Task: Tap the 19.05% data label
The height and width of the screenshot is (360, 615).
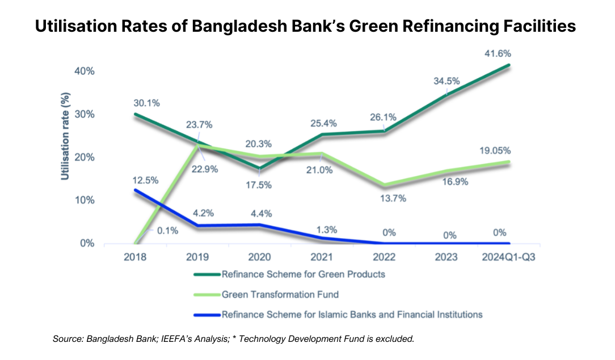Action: click(x=494, y=151)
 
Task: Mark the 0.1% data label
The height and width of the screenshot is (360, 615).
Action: click(x=167, y=230)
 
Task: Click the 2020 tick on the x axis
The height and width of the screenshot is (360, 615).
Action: click(x=260, y=257)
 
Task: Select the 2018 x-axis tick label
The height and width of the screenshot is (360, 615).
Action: click(x=135, y=257)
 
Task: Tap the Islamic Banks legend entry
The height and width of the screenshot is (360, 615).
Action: click(x=352, y=314)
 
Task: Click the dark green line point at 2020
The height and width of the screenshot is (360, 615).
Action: click(x=260, y=168)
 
